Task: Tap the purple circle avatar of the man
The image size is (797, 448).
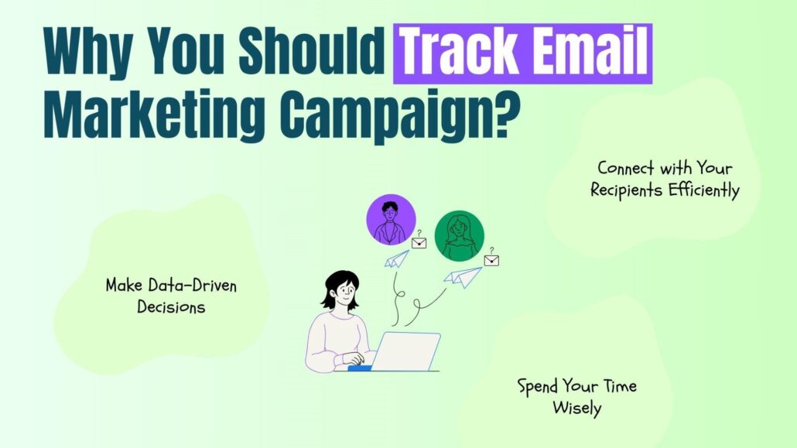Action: [x=391, y=219]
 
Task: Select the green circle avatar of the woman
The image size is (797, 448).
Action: [x=459, y=236]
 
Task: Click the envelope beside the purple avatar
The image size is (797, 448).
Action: [x=419, y=243]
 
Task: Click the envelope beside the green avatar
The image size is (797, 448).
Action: [x=491, y=260]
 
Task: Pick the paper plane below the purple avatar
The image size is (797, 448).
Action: [x=396, y=259]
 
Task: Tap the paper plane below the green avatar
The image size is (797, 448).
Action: [x=463, y=277]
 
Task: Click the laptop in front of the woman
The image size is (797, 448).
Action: [x=405, y=351]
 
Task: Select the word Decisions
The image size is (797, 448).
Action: [x=171, y=307]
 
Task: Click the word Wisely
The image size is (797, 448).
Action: [x=577, y=409]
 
